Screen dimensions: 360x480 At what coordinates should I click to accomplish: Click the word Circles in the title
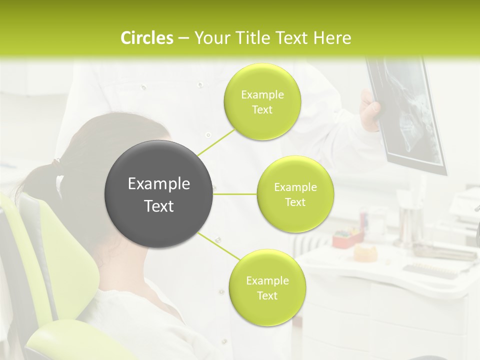[x=147, y=38]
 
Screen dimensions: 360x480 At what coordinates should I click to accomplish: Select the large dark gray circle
[x=158, y=194]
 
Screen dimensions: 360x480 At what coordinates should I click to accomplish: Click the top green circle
[x=262, y=101]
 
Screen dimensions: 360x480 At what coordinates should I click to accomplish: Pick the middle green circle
[x=295, y=194]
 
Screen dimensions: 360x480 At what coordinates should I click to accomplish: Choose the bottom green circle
[x=267, y=287]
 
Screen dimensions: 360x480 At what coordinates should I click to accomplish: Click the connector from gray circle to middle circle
[x=234, y=194]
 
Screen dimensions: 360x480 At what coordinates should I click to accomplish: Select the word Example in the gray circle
[x=158, y=184]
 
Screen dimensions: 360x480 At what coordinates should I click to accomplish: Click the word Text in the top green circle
[x=262, y=110]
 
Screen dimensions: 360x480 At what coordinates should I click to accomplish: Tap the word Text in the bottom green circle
[x=267, y=296]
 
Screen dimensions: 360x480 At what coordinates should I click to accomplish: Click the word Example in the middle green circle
[x=295, y=187]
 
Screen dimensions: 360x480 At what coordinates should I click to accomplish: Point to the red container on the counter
[x=345, y=239]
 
